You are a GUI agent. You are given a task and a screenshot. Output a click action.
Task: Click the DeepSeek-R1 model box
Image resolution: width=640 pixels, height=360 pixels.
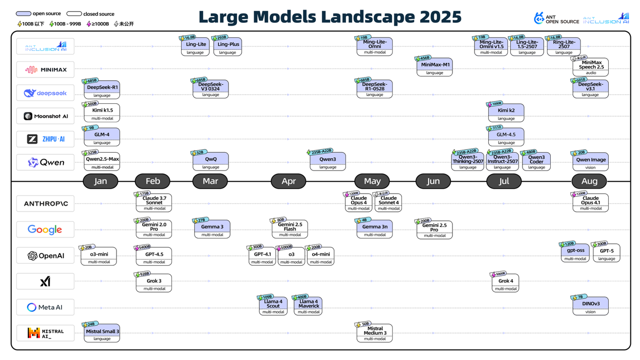click(x=102, y=89)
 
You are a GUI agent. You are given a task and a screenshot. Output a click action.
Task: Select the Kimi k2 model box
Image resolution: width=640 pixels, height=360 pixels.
click(x=506, y=112)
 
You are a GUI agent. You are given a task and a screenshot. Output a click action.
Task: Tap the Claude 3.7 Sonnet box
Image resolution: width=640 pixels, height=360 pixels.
click(x=154, y=202)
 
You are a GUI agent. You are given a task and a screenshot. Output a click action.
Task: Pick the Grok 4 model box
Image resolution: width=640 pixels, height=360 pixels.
click(x=505, y=283)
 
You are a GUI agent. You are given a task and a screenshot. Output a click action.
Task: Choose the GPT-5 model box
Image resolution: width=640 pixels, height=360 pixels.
click(x=606, y=253)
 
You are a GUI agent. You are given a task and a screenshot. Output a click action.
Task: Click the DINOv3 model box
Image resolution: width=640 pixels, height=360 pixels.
click(x=591, y=306)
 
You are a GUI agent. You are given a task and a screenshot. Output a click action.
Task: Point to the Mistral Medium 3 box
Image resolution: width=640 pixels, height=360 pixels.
click(x=375, y=333)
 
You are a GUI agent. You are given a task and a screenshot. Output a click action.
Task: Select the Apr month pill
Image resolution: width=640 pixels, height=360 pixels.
click(x=288, y=181)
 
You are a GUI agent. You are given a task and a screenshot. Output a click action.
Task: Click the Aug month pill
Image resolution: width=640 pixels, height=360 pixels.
click(x=589, y=181)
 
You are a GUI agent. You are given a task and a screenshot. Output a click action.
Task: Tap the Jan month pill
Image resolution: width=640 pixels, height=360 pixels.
click(x=100, y=181)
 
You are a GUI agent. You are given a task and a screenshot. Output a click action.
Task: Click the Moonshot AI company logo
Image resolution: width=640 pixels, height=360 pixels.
click(x=45, y=116)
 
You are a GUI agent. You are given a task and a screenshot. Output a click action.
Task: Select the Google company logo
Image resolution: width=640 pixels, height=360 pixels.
click(x=45, y=229)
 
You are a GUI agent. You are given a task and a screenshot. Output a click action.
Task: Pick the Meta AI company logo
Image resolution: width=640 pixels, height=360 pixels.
click(x=45, y=307)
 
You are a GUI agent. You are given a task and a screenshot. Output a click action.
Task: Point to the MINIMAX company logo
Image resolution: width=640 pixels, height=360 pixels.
click(x=45, y=70)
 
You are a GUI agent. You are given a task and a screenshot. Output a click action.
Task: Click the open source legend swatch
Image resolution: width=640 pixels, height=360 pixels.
click(x=23, y=14)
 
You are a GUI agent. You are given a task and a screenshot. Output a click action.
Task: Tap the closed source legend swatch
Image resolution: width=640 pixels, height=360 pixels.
click(x=74, y=14)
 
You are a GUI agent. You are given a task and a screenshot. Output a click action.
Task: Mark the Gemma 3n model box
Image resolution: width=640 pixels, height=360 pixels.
click(x=375, y=228)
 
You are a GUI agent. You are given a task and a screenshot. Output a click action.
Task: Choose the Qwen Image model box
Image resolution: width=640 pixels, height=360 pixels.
click(x=591, y=161)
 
